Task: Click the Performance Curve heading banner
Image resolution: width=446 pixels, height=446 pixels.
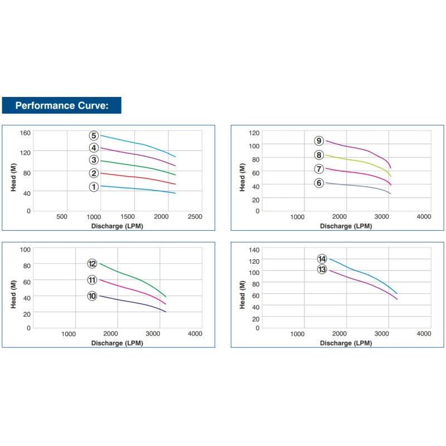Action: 61,105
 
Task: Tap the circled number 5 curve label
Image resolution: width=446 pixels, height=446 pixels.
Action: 94,135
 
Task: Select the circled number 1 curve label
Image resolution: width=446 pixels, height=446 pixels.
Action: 94,187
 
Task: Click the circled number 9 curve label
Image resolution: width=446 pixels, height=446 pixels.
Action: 319,141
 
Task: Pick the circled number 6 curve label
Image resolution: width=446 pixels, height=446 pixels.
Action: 319,183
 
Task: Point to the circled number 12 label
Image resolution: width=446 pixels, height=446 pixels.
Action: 93,264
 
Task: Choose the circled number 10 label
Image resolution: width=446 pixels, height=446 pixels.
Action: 93,296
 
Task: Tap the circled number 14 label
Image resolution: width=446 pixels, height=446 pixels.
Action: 322,259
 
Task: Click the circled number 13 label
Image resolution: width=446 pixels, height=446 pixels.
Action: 322,269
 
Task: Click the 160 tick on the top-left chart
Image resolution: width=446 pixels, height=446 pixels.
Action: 25,133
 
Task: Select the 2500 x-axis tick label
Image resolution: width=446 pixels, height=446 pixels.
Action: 195,217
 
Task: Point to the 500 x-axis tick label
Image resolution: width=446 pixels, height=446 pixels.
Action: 62,217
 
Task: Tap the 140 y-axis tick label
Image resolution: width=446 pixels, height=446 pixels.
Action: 254,249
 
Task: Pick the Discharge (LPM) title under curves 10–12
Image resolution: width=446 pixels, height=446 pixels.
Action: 117,343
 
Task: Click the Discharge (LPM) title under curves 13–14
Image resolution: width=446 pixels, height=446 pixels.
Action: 346,343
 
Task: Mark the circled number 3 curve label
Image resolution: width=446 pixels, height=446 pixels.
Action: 94,161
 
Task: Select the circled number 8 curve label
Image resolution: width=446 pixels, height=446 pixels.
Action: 319,155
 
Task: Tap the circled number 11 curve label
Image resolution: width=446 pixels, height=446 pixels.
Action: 93,280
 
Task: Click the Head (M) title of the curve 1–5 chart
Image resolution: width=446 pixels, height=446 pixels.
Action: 14,177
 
